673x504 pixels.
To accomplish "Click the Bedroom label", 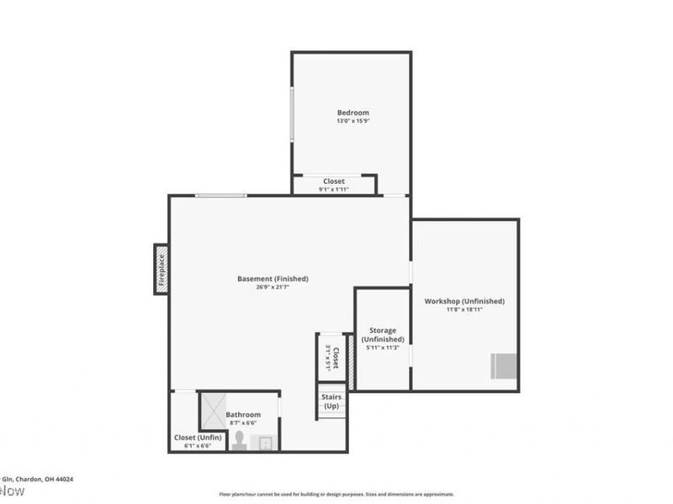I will (x=352, y=113).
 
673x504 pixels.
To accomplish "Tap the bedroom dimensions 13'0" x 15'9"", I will (x=352, y=122).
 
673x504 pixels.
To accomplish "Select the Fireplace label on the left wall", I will (x=161, y=269).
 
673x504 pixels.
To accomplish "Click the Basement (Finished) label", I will (x=273, y=279).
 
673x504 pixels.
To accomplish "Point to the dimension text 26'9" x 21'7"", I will (x=273, y=288).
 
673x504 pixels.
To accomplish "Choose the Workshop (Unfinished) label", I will (x=464, y=301).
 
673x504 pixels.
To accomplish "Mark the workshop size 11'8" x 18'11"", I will (x=464, y=310).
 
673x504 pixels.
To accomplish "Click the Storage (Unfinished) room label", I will (x=383, y=334).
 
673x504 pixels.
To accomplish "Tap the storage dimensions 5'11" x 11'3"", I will (x=383, y=348).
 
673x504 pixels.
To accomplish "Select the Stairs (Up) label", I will (x=331, y=402).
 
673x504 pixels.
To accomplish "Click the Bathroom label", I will (x=243, y=414).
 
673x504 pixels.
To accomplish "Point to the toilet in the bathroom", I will (x=240, y=440).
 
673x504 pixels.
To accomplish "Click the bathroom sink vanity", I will (x=265, y=444).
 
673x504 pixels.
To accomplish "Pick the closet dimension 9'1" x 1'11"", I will (x=333, y=190).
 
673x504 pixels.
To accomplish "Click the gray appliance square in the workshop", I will (x=503, y=366).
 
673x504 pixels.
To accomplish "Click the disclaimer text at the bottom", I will (x=336, y=494).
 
